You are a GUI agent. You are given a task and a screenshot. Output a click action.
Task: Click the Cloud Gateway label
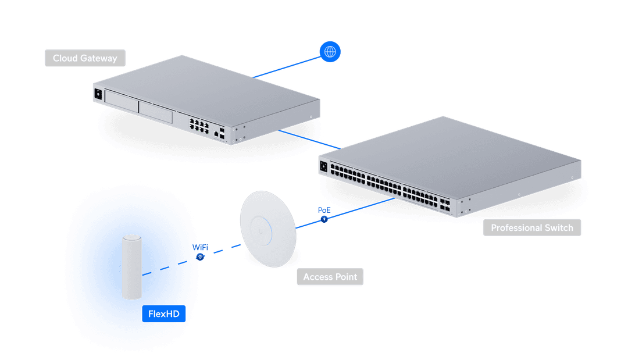click(x=85, y=58)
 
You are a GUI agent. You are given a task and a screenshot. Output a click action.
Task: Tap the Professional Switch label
click(x=531, y=227)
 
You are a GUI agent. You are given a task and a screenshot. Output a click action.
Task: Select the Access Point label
click(x=330, y=277)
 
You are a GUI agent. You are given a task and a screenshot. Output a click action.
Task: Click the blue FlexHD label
click(x=163, y=314)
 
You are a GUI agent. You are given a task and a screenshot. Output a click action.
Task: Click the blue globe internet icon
click(x=330, y=52)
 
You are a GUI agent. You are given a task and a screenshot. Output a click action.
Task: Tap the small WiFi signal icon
click(x=200, y=256)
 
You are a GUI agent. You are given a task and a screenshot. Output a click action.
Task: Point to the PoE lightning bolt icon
click(x=324, y=219)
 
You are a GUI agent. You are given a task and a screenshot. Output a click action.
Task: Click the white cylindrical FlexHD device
click(x=132, y=267)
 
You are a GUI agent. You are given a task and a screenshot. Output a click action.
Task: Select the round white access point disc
click(x=269, y=229)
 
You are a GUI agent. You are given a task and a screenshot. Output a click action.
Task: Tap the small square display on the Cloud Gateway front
click(x=98, y=93)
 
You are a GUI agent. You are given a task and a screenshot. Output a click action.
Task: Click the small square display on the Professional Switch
click(x=323, y=167)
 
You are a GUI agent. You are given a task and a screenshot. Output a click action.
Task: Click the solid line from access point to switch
click(x=355, y=211)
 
